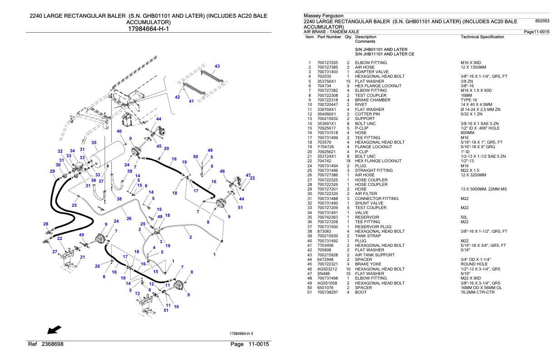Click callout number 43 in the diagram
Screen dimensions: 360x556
pos(217,66)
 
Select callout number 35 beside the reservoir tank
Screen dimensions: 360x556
pos(94,143)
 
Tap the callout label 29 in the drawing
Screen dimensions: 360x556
pos(52,171)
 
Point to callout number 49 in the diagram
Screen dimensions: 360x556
pos(210,150)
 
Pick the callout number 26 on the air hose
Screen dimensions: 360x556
pos(129,219)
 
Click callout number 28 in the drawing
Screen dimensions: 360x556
pos(45,224)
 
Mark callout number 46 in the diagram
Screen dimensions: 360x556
pos(222,171)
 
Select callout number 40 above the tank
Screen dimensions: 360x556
pos(119,131)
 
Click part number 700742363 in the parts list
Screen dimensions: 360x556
pos(328,218)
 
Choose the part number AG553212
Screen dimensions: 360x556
pos(326,269)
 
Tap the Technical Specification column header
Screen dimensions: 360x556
pos(482,37)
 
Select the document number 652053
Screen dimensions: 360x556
pos(542,21)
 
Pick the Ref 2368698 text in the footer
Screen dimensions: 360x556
pos(45,344)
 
